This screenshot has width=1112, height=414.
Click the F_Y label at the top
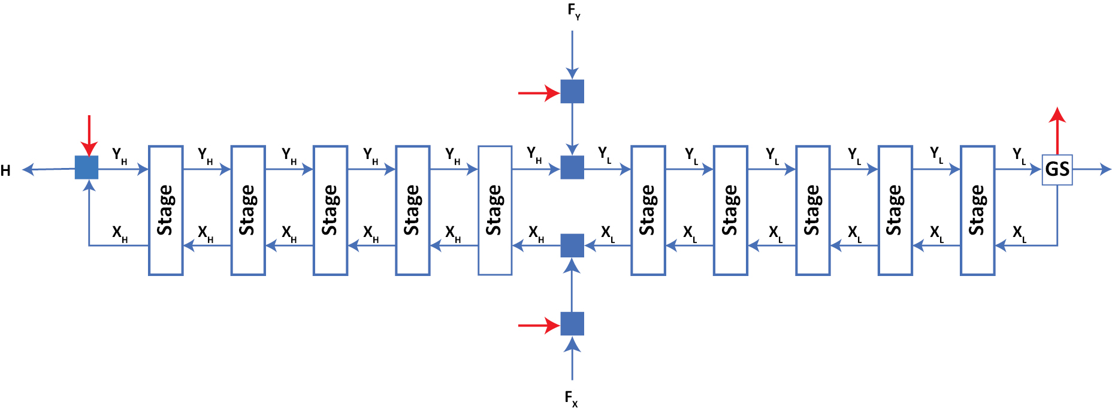pyautogui.click(x=573, y=11)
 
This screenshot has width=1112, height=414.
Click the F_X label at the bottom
pyautogui.click(x=571, y=398)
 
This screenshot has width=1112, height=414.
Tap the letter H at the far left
pyautogui.click(x=5, y=171)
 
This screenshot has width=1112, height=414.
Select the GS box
pyautogui.click(x=1057, y=169)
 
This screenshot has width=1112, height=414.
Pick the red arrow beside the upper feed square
pyautogui.click(x=538, y=93)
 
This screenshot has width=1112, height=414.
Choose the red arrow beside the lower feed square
pyautogui.click(x=538, y=325)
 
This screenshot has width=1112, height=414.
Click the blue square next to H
pyautogui.click(x=87, y=167)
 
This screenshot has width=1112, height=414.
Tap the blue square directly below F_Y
pyautogui.click(x=572, y=92)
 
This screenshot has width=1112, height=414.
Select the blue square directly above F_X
pyautogui.click(x=572, y=324)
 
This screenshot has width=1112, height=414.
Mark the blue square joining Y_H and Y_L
pyautogui.click(x=572, y=167)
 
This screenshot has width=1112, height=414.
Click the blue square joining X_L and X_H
pyautogui.click(x=572, y=245)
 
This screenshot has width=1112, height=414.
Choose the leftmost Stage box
pyautogui.click(x=166, y=210)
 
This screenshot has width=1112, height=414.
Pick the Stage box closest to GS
pyautogui.click(x=977, y=210)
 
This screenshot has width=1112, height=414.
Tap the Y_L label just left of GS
pyautogui.click(x=1019, y=155)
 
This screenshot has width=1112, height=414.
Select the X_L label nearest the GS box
pyautogui.click(x=1019, y=233)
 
